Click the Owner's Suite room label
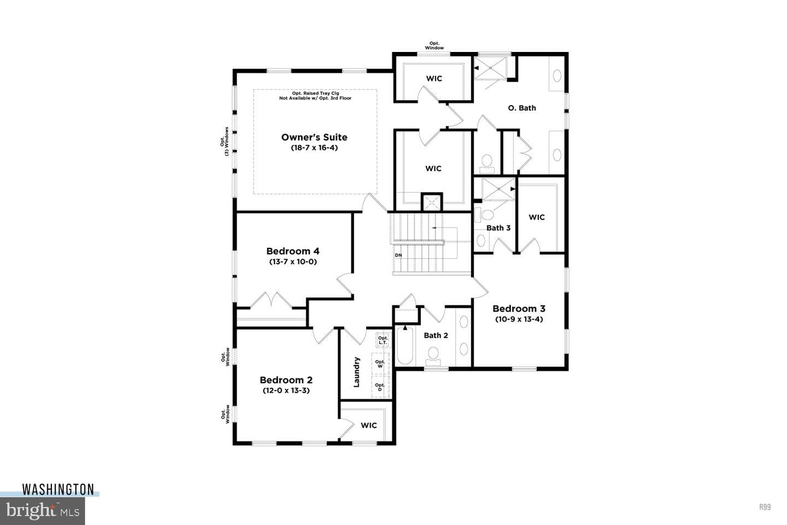(x=314, y=137)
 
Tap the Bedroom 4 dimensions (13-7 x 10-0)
(x=293, y=261)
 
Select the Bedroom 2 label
(x=286, y=380)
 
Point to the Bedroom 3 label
(x=519, y=309)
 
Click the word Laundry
(x=356, y=372)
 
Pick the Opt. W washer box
(x=380, y=364)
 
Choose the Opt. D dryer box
(x=380, y=387)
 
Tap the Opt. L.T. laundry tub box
(x=383, y=340)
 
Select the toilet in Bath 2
(x=433, y=356)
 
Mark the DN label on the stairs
(x=398, y=255)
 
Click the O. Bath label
(x=522, y=108)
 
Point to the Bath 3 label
(x=498, y=228)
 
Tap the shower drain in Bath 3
(x=498, y=189)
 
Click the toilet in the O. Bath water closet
(x=487, y=164)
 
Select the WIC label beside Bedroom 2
(x=368, y=425)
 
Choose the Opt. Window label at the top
(x=434, y=46)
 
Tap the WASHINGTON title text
(x=58, y=489)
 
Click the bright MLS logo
(x=42, y=511)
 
